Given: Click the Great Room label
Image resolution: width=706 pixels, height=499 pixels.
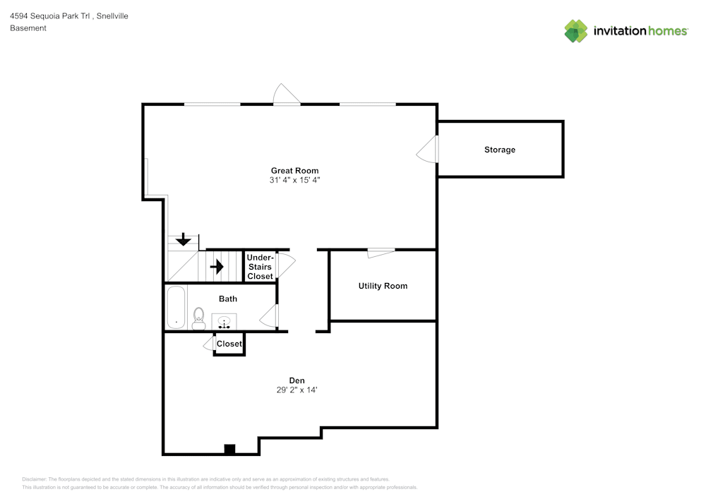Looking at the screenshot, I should coord(294,170).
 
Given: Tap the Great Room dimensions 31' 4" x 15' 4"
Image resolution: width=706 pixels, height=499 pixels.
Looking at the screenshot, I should coord(294,180).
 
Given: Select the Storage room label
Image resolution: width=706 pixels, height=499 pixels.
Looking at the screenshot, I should coord(499,150).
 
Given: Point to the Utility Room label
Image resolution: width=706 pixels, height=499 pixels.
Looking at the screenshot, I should coord(383,286).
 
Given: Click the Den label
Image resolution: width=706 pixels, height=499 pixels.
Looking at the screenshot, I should coord(297,380).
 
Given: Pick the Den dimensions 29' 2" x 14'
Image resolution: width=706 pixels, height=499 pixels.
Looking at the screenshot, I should coord(297,390).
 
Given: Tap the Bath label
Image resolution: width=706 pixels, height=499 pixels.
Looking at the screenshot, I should coord(227,299).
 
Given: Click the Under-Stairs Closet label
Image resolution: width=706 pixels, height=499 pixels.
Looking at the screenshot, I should coord(260,267).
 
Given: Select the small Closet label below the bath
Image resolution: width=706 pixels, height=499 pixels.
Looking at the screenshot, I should coord(229,344).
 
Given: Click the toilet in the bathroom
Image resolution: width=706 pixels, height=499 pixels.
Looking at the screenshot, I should coord(198,318).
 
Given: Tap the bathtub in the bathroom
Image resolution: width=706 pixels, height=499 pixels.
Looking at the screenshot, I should coord(175,307).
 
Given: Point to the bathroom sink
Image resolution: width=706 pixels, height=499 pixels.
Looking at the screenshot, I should coord(225,323).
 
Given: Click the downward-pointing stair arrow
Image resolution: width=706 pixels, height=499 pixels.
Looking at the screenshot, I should coord(184,239).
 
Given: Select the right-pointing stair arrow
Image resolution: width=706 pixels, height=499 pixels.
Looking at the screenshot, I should coord(217,267).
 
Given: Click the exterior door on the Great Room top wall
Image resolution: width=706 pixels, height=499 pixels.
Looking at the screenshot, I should coord(287,95).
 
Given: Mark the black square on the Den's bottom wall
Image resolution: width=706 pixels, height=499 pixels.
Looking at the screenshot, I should coord(229,449).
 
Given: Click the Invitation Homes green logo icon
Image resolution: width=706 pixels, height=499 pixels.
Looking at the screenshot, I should coord(576,31).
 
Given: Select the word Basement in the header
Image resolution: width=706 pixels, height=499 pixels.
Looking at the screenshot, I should coord(28,28).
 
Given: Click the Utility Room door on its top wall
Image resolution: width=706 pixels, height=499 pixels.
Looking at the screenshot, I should coord(381,253).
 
